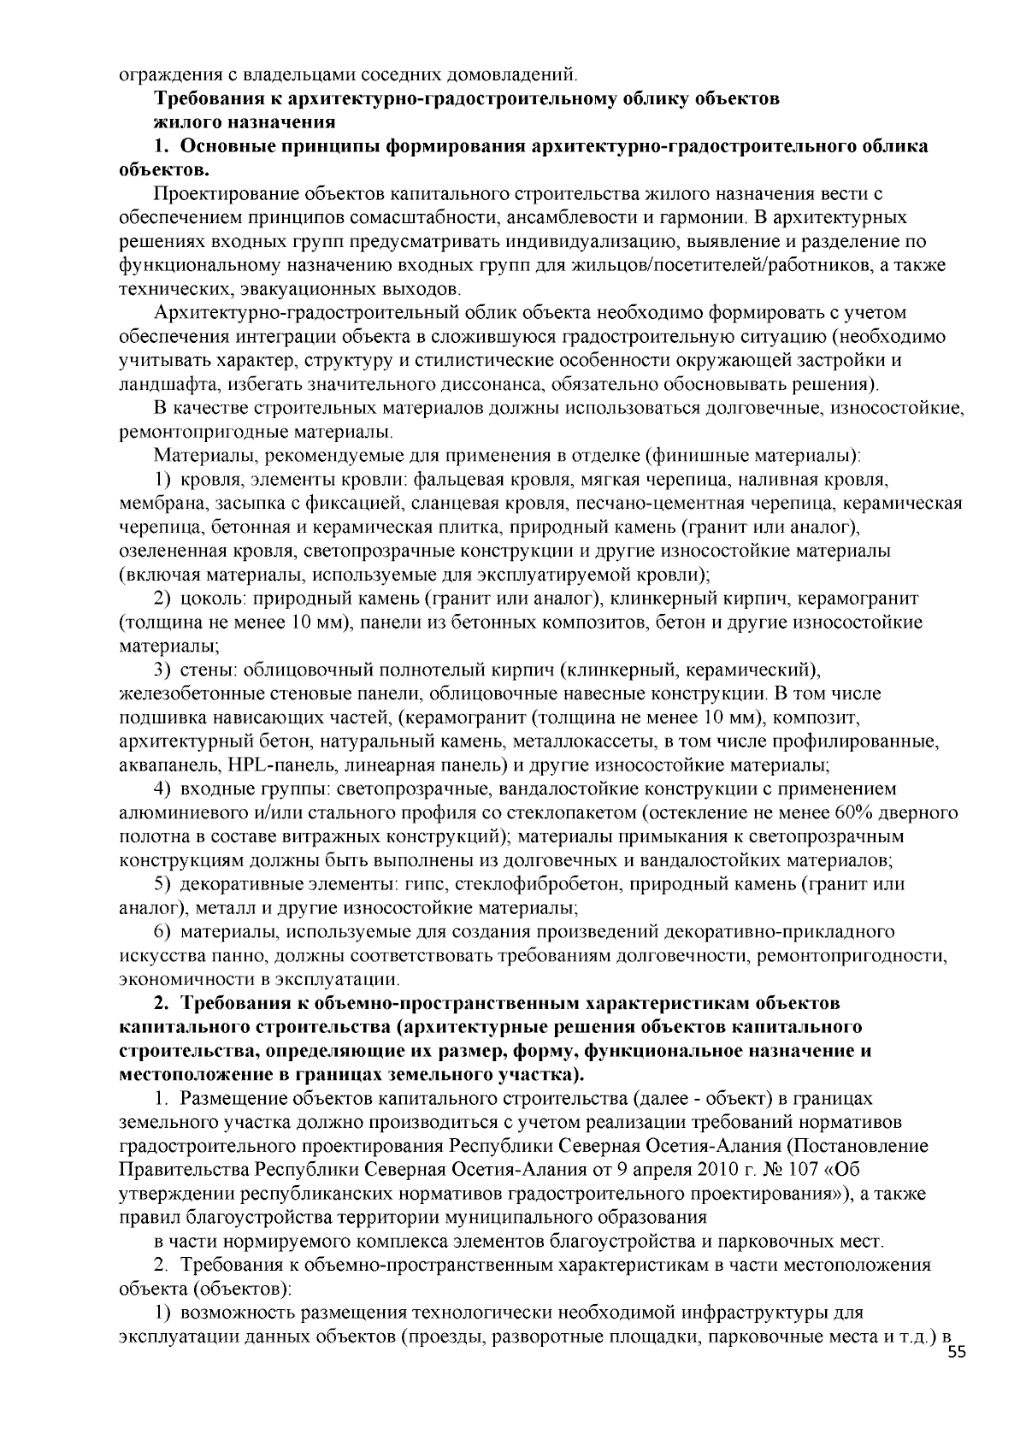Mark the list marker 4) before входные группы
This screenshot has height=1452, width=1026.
click(164, 788)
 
